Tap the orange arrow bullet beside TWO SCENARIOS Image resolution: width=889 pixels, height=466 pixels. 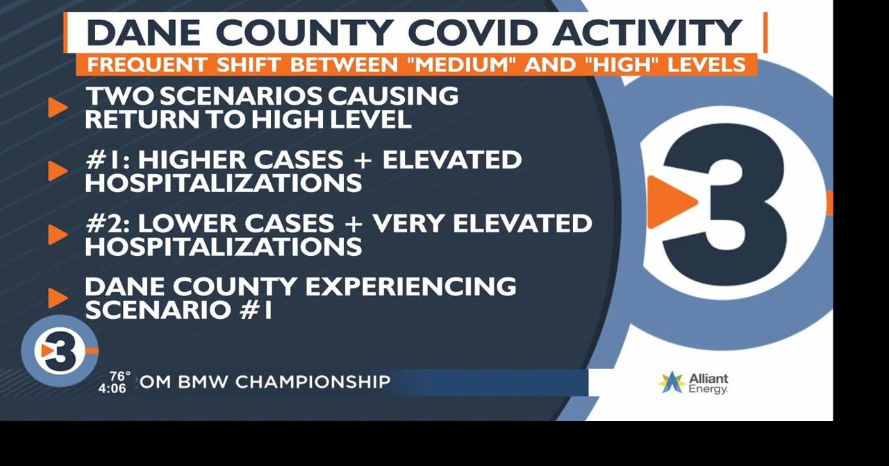point(58,107)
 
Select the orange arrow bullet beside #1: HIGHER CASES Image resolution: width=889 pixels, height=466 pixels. point(58,171)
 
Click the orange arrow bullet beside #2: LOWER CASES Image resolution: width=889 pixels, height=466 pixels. point(58,234)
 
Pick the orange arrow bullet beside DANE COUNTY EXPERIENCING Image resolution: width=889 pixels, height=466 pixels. point(58,297)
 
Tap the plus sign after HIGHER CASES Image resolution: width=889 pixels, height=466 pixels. point(363,160)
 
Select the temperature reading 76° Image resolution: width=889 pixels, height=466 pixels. point(119,377)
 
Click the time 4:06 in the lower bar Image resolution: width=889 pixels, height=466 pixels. point(112,388)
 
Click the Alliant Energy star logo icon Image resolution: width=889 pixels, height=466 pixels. point(672,382)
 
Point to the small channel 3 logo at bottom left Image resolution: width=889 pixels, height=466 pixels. point(59,351)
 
